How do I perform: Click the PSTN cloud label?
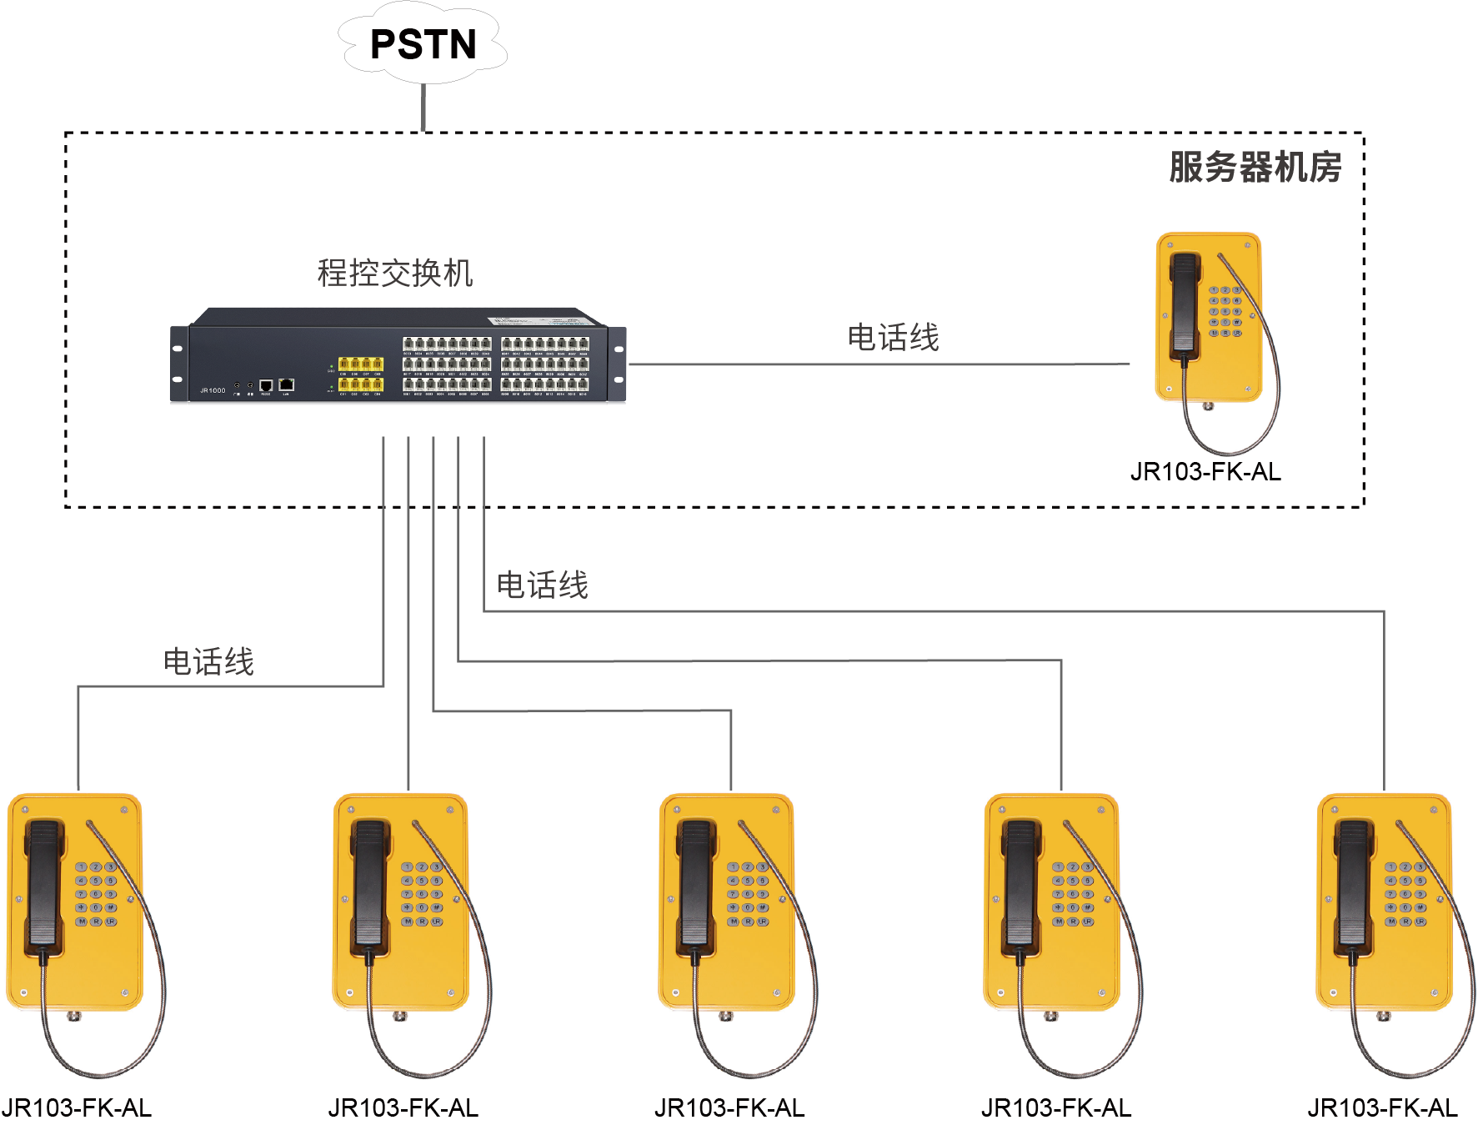(423, 44)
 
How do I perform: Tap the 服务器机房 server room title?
(1255, 167)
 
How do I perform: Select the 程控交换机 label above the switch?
(395, 273)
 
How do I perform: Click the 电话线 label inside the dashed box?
(893, 338)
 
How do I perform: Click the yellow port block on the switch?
(360, 374)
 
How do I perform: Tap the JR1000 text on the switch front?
(213, 390)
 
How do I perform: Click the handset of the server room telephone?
(1184, 304)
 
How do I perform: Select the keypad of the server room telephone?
(1225, 311)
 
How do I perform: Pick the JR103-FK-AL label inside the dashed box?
(1205, 472)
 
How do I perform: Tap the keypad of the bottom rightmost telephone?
(1405, 894)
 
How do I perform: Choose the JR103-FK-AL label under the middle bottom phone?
(729, 1107)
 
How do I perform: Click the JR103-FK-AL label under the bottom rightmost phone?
(1382, 1107)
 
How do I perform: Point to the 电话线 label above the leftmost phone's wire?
(208, 662)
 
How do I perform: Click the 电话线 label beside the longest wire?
(543, 585)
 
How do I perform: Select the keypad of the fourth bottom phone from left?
(1073, 894)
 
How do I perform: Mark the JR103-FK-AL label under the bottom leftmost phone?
(77, 1107)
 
